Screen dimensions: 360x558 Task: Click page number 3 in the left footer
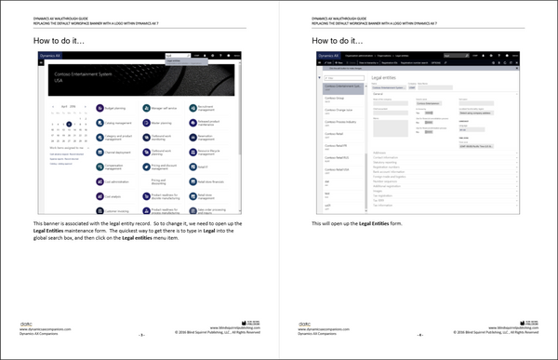(x=139, y=335)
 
